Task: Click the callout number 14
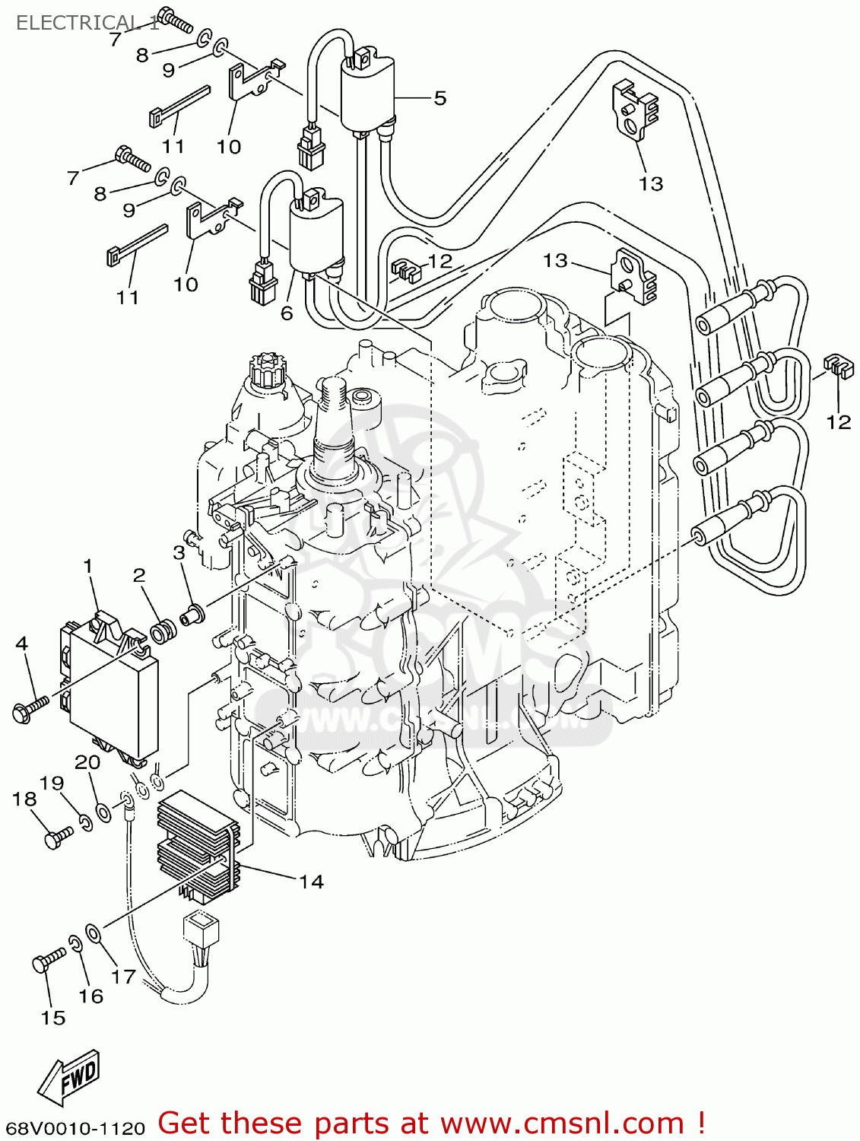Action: coord(311,882)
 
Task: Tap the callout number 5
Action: coord(440,98)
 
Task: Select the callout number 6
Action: coord(286,313)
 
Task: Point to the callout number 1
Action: coord(87,566)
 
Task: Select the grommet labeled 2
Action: coord(161,632)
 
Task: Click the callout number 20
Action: coord(87,761)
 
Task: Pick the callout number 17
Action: coord(123,977)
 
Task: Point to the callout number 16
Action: coord(90,996)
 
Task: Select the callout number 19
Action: coord(52,783)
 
